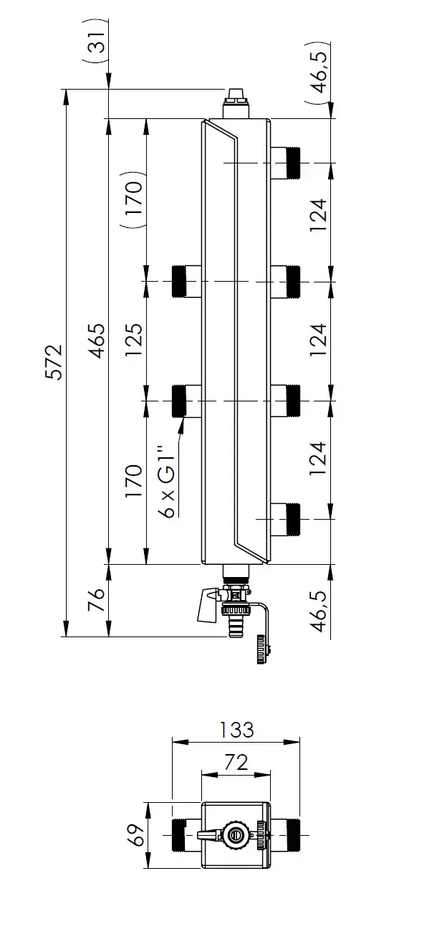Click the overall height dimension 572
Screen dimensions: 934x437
[x=55, y=362]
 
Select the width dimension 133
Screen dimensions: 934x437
[x=236, y=730]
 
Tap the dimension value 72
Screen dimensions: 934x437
[x=236, y=762]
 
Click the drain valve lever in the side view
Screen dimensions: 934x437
[x=206, y=605]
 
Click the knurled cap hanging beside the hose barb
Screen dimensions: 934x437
[x=261, y=652]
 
